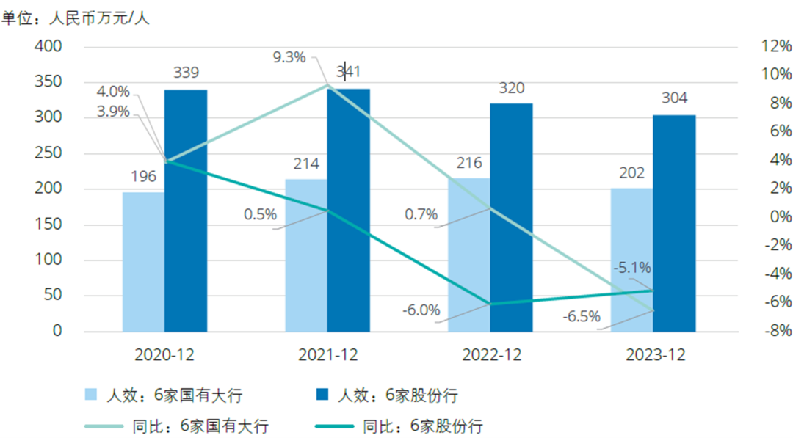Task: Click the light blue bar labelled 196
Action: (x=143, y=261)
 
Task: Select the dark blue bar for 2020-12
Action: (x=186, y=211)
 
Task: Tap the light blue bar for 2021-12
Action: (x=306, y=255)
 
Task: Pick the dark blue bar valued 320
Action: (x=511, y=217)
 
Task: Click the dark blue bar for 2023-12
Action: (x=674, y=223)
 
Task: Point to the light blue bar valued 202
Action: (x=631, y=260)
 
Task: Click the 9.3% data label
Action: (x=289, y=57)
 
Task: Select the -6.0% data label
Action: (x=421, y=310)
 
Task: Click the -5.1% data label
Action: (x=632, y=267)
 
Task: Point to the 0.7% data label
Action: (x=421, y=215)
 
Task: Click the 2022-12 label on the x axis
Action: (x=492, y=354)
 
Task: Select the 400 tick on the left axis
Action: (x=49, y=46)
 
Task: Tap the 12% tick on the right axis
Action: (x=777, y=46)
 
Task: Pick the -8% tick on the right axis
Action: (x=777, y=331)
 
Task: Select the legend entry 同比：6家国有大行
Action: (x=198, y=426)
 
